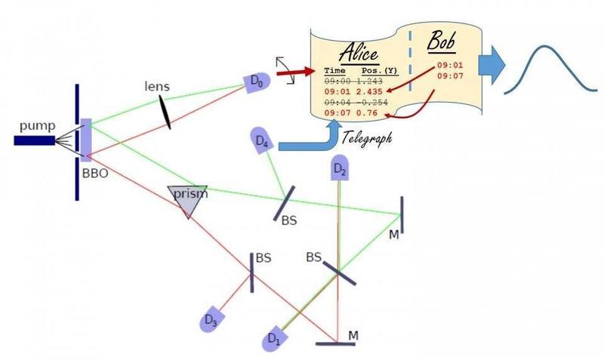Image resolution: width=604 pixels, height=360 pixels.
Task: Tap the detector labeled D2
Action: coord(341,171)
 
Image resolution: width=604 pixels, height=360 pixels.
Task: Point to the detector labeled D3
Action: coord(212,318)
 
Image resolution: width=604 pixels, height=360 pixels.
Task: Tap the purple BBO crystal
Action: coord(86,139)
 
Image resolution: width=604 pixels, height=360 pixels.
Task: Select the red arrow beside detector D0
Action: coord(293,75)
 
